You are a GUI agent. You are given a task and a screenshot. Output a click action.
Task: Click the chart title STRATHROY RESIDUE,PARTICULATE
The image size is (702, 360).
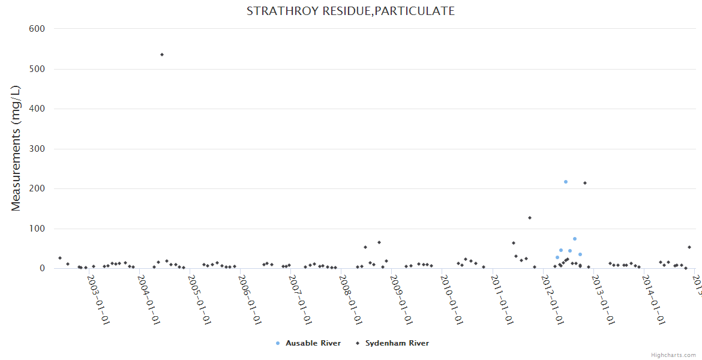(x=350, y=11)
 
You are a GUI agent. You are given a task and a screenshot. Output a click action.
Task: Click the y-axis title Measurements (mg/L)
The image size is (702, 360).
(x=16, y=148)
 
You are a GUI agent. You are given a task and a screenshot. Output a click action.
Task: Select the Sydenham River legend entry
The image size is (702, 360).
(x=397, y=343)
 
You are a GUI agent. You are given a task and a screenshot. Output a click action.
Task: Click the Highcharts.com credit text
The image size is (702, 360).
(x=673, y=355)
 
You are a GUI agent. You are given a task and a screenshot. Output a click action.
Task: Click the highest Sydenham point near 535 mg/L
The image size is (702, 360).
(x=162, y=55)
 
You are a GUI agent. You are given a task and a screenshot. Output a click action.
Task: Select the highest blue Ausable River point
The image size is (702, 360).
(x=566, y=182)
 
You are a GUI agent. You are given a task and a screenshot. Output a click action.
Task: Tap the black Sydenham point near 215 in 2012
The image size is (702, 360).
(x=585, y=183)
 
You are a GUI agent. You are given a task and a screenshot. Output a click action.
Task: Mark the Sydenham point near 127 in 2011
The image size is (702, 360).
(x=530, y=218)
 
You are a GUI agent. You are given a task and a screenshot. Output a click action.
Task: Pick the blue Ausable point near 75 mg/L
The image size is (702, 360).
(x=575, y=239)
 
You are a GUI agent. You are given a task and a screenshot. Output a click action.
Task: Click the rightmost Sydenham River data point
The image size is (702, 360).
(x=689, y=247)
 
